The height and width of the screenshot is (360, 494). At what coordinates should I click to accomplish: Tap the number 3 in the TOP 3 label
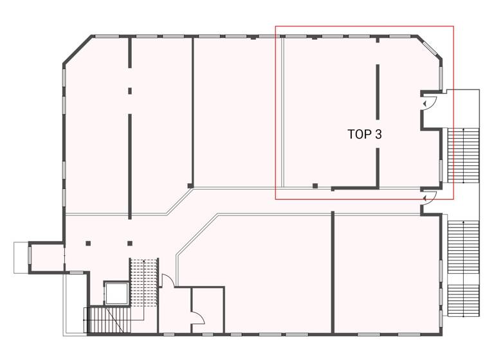pyautogui.click(x=379, y=134)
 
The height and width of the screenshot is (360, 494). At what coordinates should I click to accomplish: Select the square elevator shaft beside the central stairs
pyautogui.click(x=117, y=293)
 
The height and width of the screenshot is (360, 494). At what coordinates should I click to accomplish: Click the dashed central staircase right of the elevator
pyautogui.click(x=144, y=281)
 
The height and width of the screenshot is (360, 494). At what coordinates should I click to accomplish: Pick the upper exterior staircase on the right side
pyautogui.click(x=463, y=155)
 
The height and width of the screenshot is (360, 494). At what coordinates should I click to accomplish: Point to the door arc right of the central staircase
pyautogui.click(x=166, y=280)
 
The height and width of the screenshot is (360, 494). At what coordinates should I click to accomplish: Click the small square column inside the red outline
pyautogui.click(x=315, y=186)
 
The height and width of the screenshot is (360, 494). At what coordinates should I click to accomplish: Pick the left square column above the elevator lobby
pyautogui.click(x=88, y=243)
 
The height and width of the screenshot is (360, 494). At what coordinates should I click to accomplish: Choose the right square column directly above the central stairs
pyautogui.click(x=130, y=243)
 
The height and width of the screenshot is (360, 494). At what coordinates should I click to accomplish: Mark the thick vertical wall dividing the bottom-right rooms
pyautogui.click(x=333, y=273)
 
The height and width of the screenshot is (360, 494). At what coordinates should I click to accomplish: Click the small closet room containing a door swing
pyautogui.click(x=207, y=310)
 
